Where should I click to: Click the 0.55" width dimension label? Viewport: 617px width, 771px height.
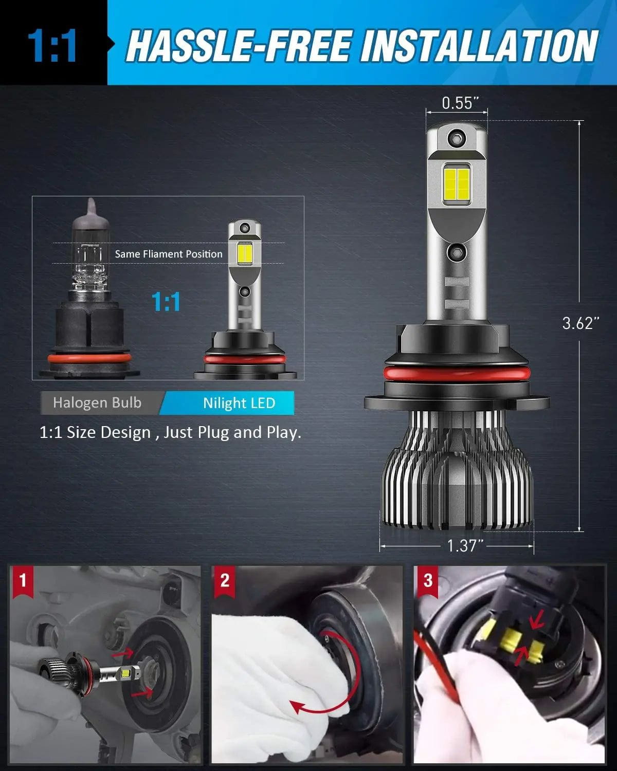[457, 103]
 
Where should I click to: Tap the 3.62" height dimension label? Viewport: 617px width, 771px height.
[580, 323]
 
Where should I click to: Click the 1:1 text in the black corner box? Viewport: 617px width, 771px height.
[52, 46]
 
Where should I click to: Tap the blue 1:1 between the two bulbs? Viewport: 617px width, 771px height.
[166, 301]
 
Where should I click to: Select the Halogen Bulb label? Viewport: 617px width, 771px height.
[97, 402]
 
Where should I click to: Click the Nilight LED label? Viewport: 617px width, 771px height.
[239, 403]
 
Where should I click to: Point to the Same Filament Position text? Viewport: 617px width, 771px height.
[169, 254]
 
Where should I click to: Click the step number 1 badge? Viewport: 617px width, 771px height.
[22, 581]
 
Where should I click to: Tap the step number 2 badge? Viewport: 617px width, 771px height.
[225, 581]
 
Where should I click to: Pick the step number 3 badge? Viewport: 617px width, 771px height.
[428, 581]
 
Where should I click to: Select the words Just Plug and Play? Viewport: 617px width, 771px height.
[231, 433]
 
